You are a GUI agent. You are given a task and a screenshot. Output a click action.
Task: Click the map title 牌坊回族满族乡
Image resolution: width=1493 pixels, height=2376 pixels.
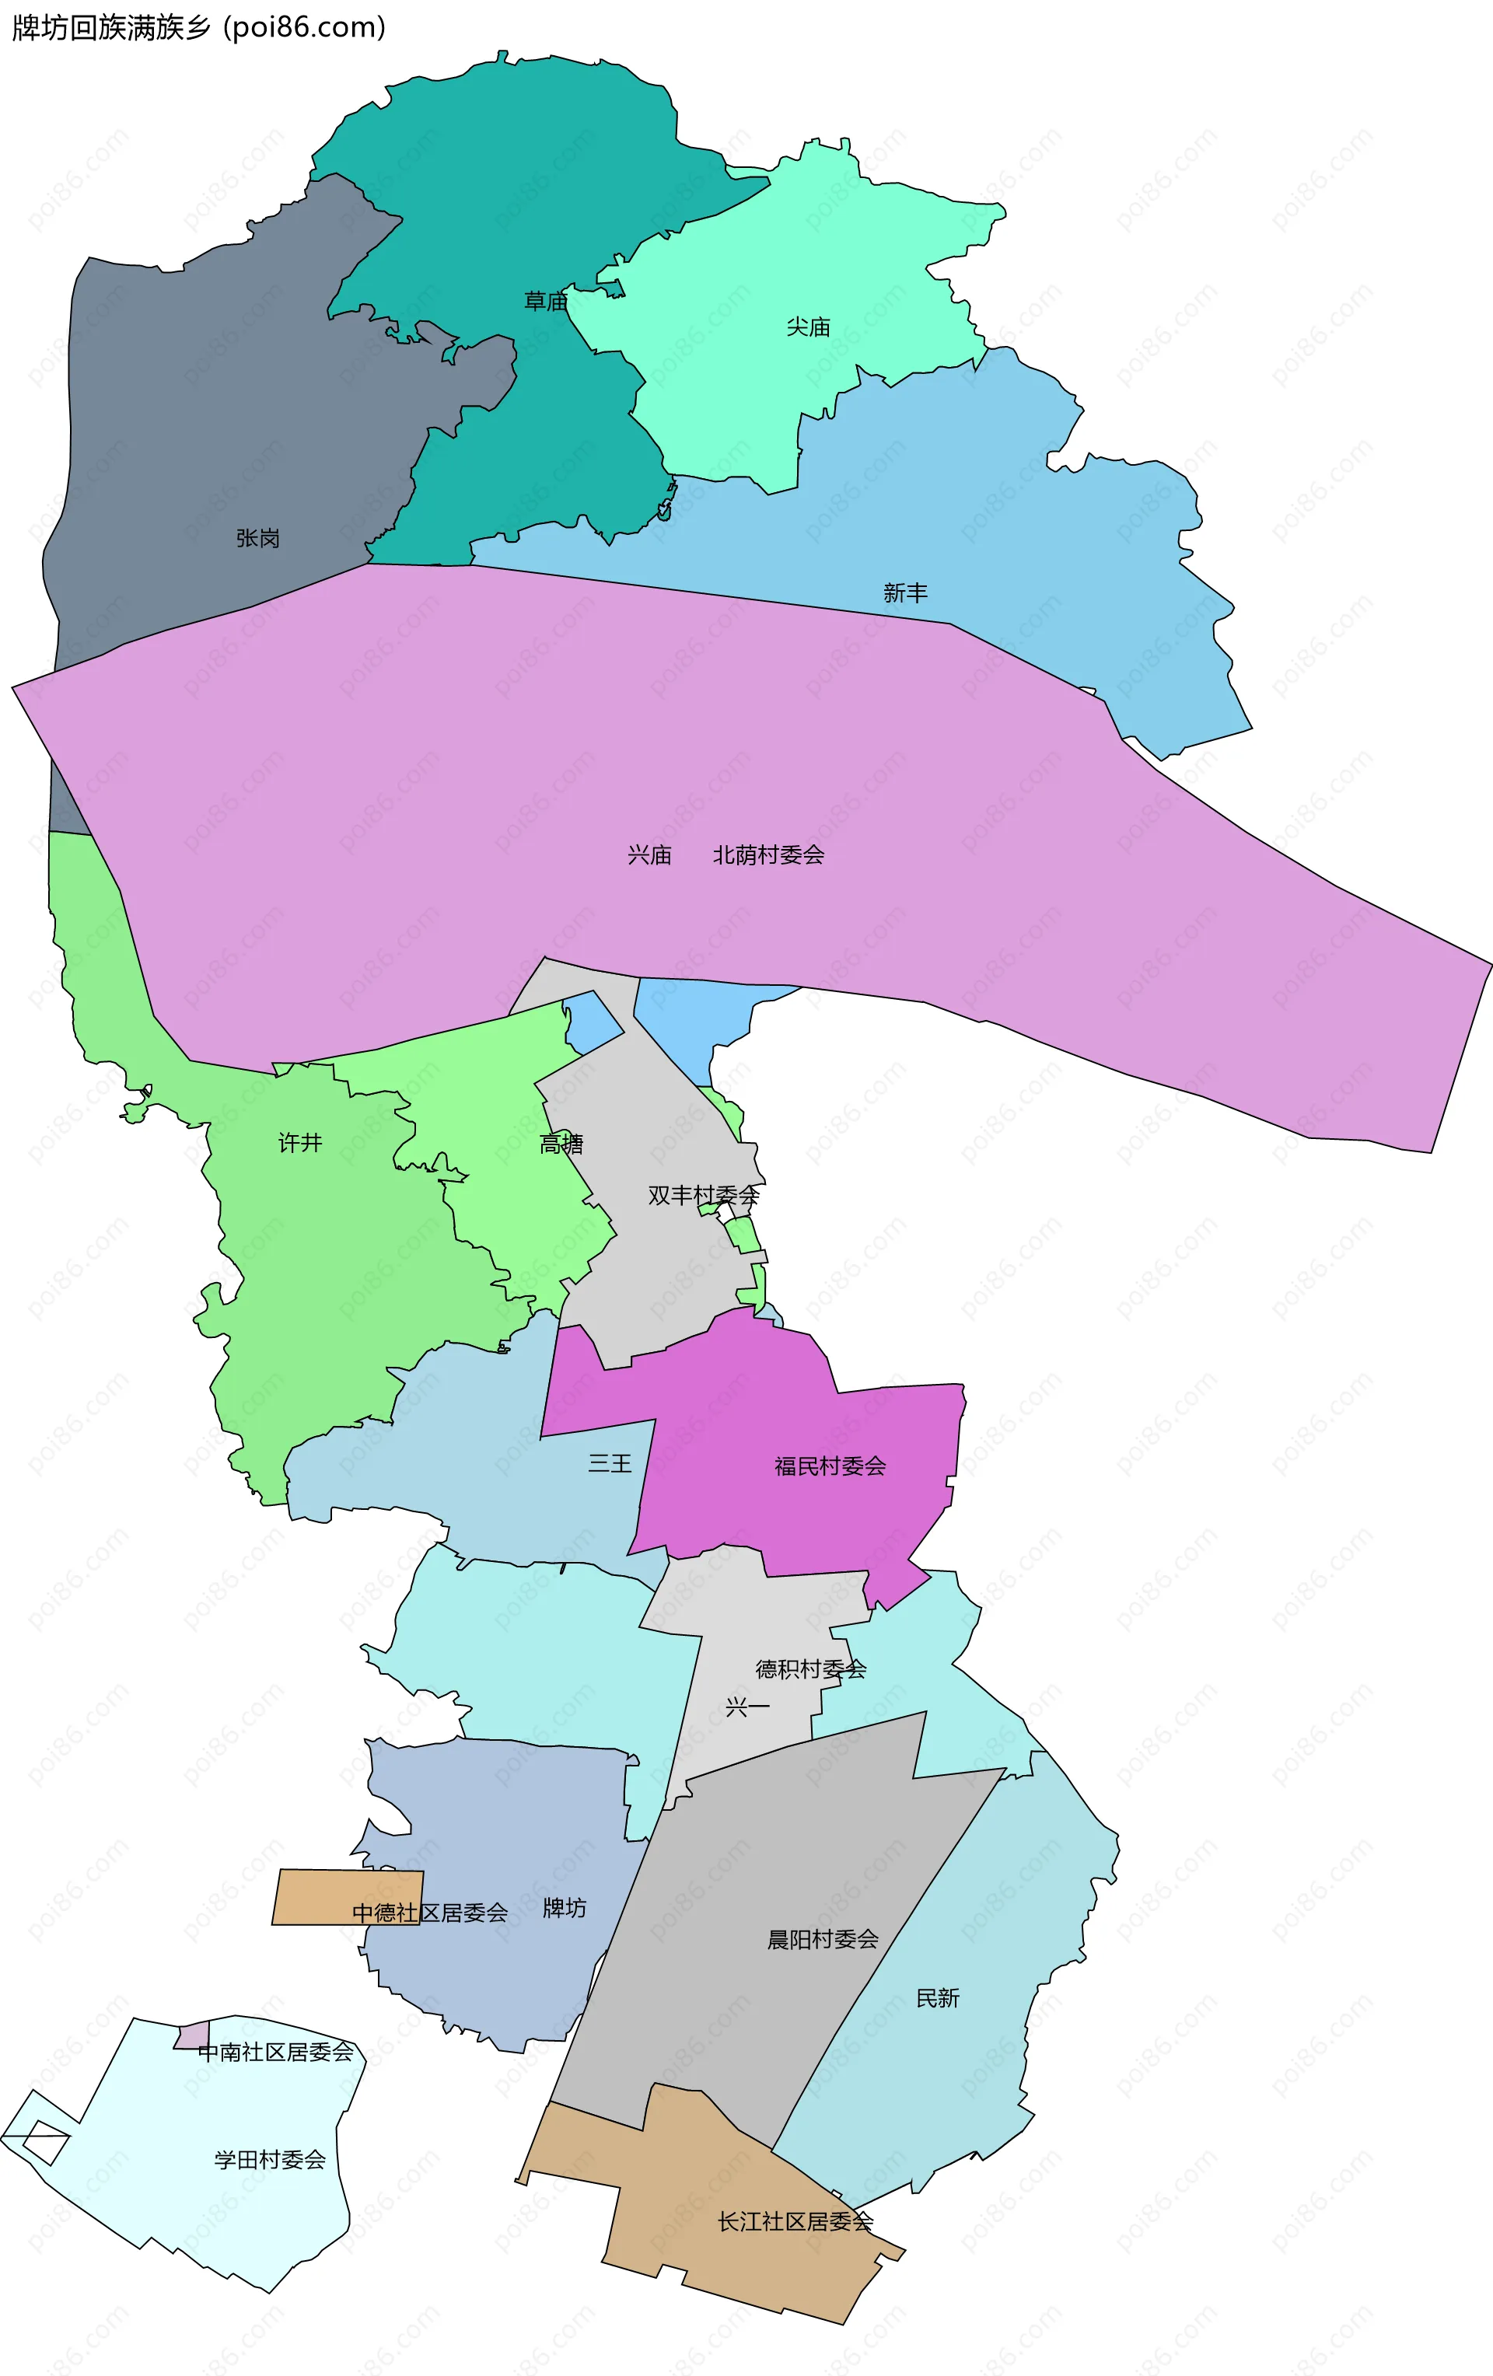tap(111, 28)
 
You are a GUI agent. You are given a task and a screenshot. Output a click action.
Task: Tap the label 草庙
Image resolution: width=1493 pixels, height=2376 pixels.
tap(546, 301)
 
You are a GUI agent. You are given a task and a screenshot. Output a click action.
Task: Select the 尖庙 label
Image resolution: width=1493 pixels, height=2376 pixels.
tap(808, 327)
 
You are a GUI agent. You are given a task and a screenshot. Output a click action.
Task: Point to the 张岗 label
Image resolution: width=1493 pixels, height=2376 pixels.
tap(257, 538)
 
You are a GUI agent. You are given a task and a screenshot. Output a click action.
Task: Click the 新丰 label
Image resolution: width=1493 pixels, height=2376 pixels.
tap(905, 593)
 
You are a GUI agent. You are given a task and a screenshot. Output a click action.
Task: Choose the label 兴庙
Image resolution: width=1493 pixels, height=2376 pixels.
tap(649, 855)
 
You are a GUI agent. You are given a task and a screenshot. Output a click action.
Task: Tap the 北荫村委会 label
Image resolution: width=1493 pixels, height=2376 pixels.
tap(769, 855)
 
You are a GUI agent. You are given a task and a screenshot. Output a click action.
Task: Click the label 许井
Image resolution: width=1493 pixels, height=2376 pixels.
tap(300, 1143)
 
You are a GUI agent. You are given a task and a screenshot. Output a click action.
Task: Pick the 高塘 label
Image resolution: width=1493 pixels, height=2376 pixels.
tap(561, 1144)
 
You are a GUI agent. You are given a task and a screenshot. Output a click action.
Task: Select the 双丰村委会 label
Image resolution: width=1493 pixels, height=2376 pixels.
tap(704, 1195)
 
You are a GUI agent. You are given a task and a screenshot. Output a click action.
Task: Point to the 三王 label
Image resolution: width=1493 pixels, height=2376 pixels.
tap(610, 1463)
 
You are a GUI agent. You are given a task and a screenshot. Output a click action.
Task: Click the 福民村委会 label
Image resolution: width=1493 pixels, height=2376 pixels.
tap(830, 1466)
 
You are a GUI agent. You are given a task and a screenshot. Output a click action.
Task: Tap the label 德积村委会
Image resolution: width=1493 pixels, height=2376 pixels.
tap(810, 1668)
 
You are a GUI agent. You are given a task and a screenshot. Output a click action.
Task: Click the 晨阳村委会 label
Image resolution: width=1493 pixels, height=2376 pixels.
tap(823, 1940)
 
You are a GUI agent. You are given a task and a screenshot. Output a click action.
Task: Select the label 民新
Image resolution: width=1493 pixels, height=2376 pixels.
tap(938, 1998)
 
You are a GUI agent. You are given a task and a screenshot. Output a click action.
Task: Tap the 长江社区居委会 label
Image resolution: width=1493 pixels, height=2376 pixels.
tap(795, 2221)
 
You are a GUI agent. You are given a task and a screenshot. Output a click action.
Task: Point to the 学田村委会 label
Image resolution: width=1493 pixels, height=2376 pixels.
tap(271, 2159)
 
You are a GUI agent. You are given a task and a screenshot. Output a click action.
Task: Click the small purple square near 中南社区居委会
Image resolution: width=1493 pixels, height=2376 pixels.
tap(192, 2035)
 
